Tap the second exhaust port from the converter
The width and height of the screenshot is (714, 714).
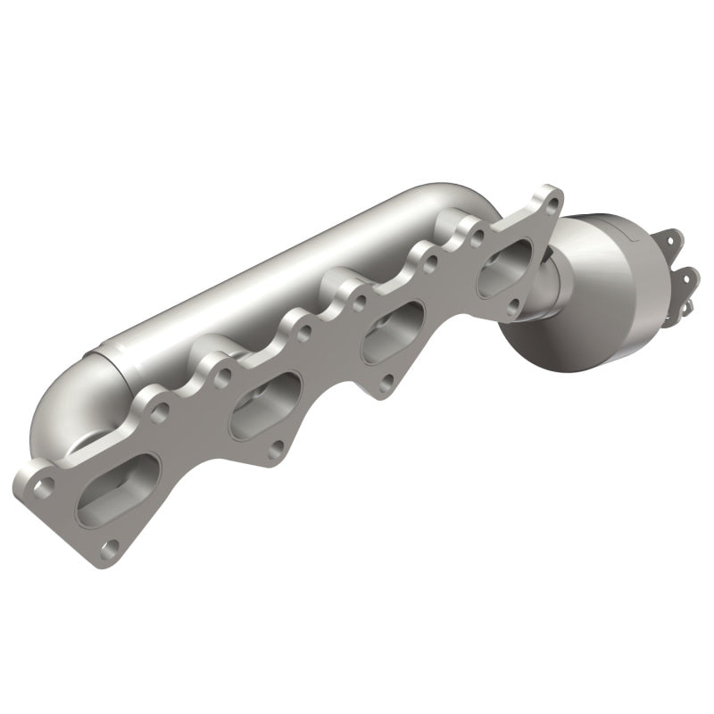[x=392, y=331]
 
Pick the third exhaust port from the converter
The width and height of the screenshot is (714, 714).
[x=265, y=406]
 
